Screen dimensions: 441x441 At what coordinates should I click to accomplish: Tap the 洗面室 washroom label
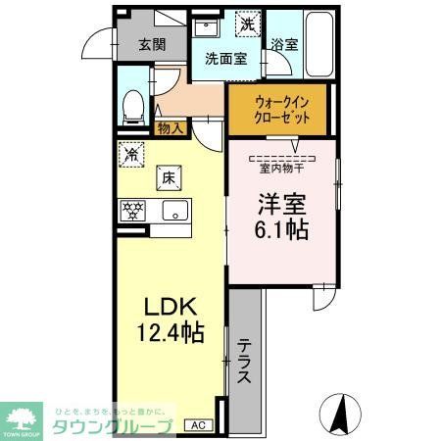tap(225, 58)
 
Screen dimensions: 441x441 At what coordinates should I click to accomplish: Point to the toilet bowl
tap(134, 105)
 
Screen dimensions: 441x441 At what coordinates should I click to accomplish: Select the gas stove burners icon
tap(132, 209)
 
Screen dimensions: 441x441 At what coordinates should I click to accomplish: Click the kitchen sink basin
tap(175, 209)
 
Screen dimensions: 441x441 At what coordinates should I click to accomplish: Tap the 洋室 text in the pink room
tap(283, 203)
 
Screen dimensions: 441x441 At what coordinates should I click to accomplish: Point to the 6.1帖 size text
tap(283, 231)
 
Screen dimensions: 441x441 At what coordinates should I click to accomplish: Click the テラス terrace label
tap(246, 364)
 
